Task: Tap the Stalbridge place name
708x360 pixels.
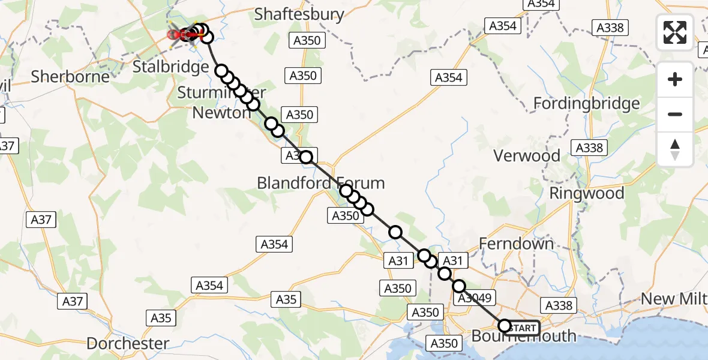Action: pos(170,67)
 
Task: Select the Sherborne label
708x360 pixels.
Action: pos(70,77)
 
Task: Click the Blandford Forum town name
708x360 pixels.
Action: pos(320,183)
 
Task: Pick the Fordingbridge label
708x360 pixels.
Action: pos(586,104)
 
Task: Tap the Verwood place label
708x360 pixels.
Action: pos(526,156)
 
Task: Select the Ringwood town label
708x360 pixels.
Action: pos(586,193)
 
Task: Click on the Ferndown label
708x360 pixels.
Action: pos(516,244)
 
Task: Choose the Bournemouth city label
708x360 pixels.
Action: pos(523,337)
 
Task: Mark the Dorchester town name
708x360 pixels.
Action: pos(127,343)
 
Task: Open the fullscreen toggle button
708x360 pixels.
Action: pos(675,32)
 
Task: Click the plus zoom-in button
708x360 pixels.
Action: pos(675,79)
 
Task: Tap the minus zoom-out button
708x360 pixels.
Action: pos(675,114)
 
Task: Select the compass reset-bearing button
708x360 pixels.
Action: pos(675,149)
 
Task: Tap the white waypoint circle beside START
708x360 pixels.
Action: pos(504,326)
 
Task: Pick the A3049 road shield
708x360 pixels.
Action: pos(474,298)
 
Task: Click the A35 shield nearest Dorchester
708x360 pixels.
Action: pos(161,318)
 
